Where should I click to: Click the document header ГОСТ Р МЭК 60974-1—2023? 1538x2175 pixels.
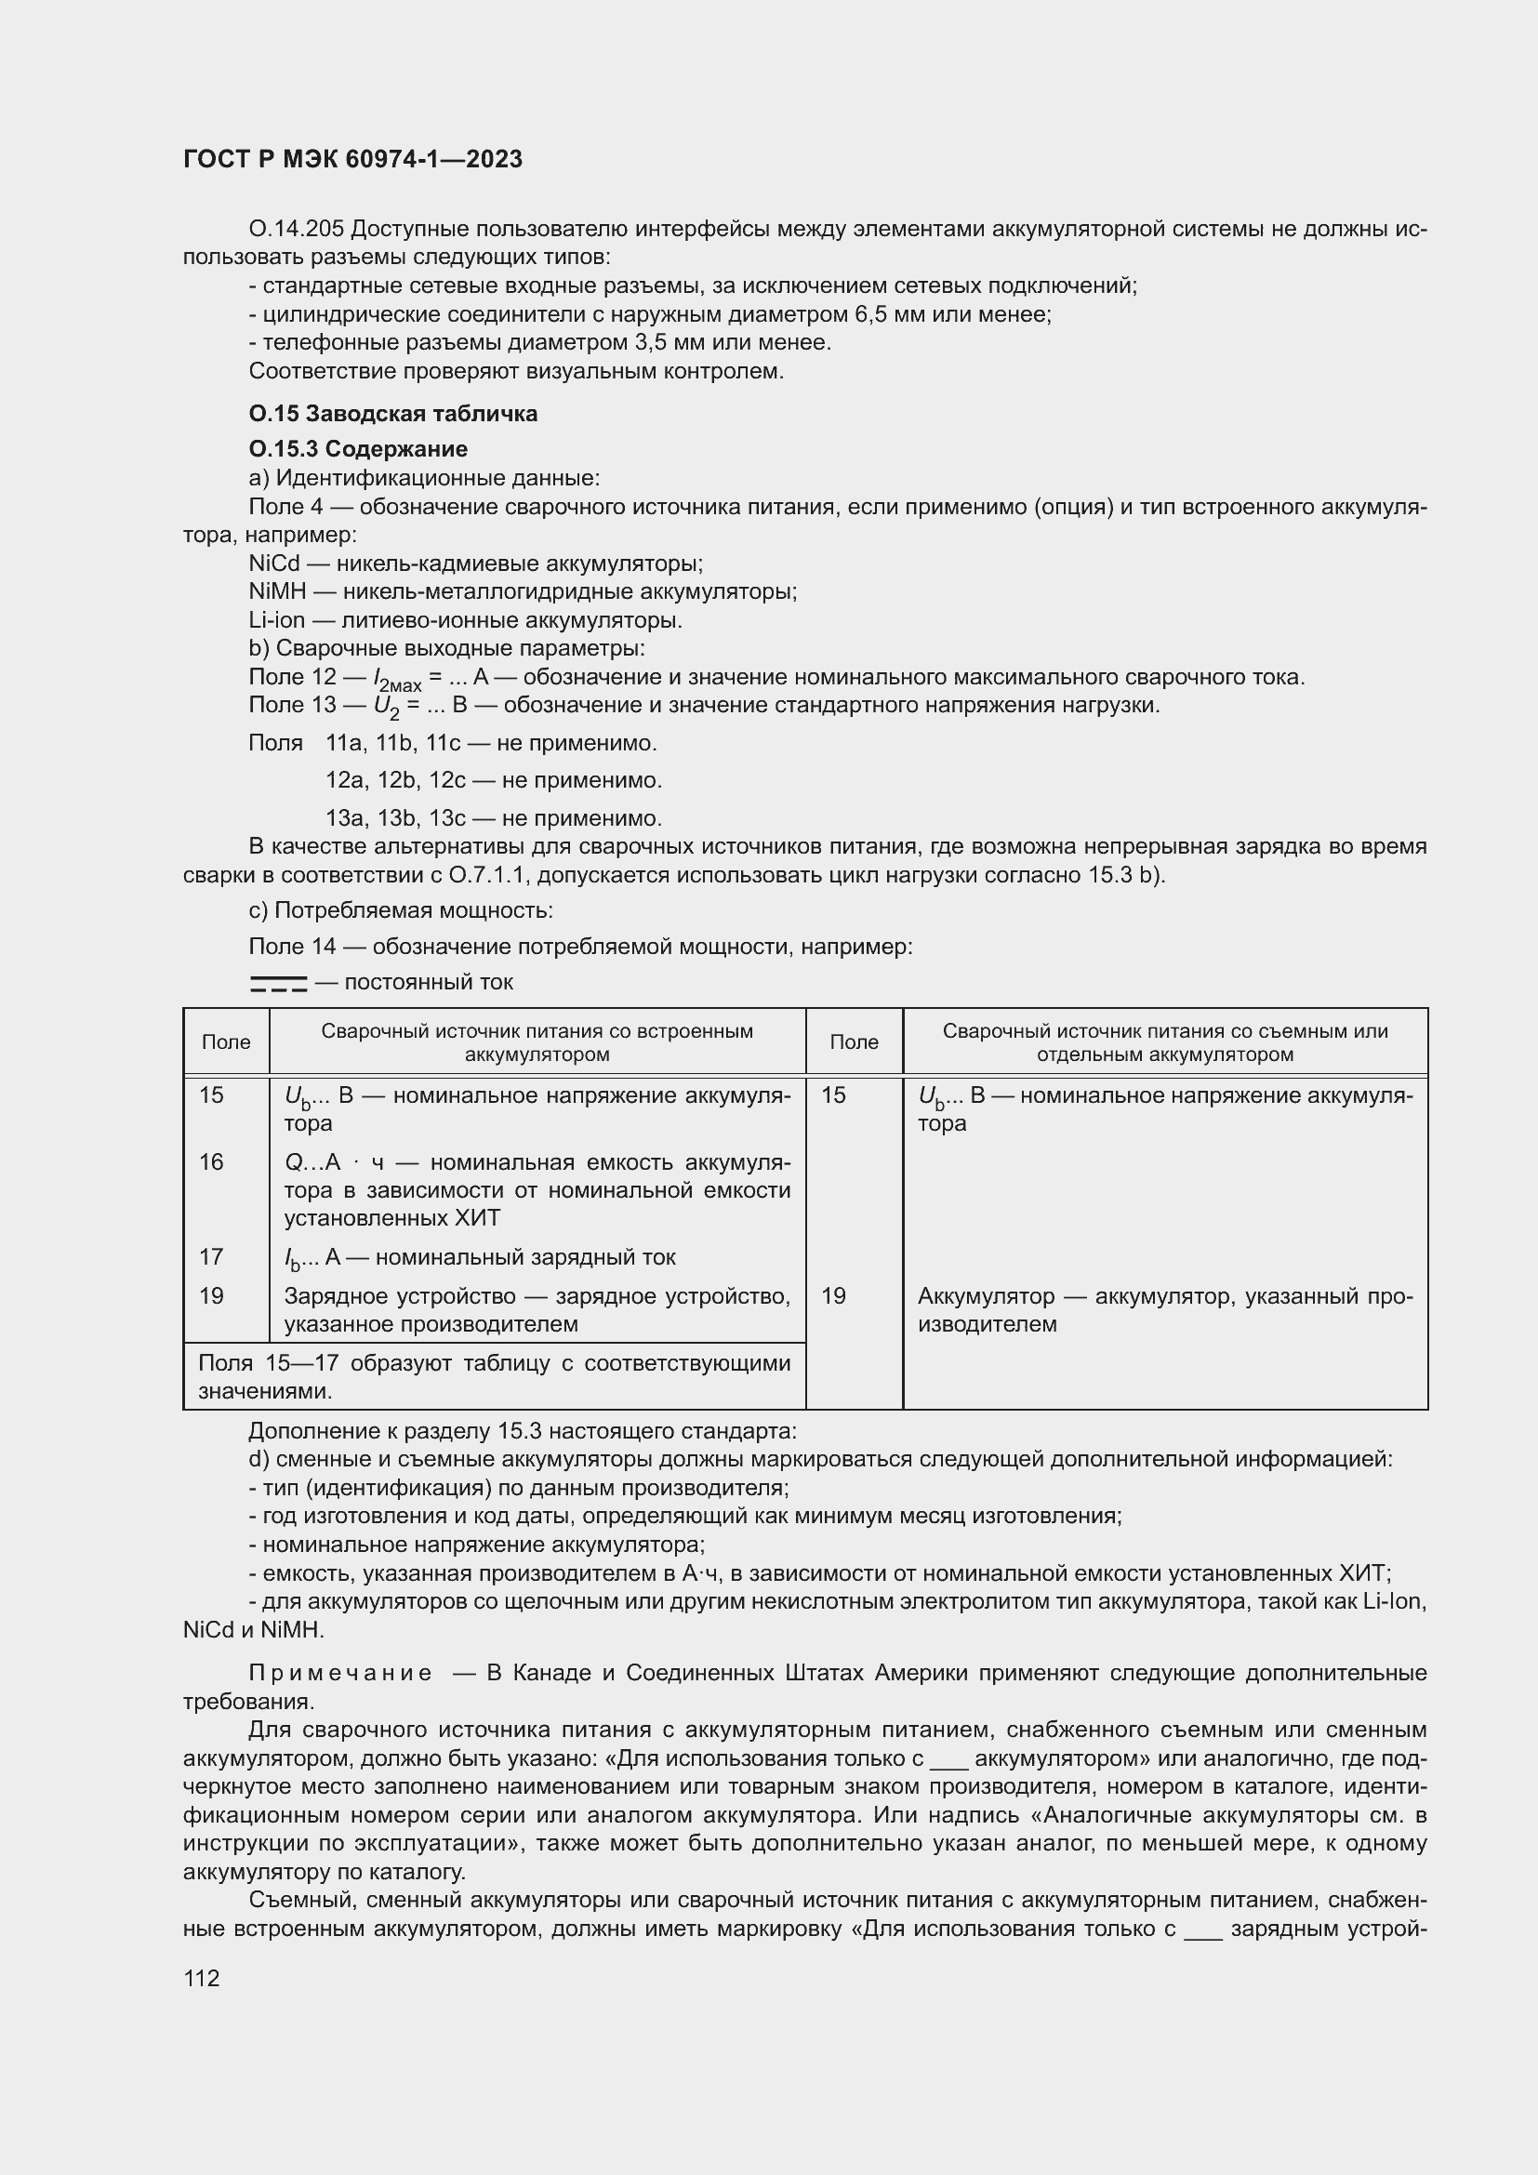[x=352, y=159]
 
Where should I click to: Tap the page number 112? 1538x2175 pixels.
[x=201, y=1978]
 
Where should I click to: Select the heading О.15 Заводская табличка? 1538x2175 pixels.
[x=392, y=413]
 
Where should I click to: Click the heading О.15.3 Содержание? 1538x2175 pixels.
[x=358, y=448]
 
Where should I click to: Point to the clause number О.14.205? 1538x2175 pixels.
[x=297, y=230]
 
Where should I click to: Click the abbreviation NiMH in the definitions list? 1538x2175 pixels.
[x=276, y=592]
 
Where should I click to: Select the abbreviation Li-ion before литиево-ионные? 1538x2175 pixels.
[x=276, y=620]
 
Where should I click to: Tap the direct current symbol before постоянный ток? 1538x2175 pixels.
[x=278, y=983]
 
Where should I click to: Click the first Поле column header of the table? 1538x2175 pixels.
[x=225, y=1042]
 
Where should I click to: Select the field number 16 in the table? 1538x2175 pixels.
[x=211, y=1162]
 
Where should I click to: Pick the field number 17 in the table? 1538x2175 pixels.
[x=211, y=1257]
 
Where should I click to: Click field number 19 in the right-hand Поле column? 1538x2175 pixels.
[x=833, y=1296]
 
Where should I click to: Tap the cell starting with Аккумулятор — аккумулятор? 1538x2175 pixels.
[x=1164, y=1310]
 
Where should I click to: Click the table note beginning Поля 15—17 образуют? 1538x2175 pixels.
[x=494, y=1376]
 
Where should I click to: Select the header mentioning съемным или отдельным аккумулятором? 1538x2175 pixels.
[x=1164, y=1042]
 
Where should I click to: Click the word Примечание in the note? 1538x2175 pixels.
[x=340, y=1673]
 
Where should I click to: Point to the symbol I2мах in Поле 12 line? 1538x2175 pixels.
[x=396, y=679]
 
